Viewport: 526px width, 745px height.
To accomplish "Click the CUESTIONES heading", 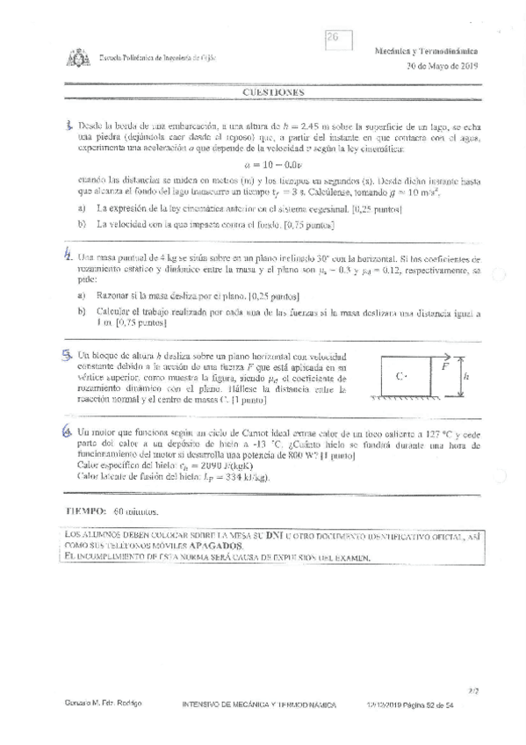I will click(273, 91).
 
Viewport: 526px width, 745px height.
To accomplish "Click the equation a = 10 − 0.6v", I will click(273, 163).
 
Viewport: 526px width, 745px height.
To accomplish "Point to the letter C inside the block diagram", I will click(400, 376).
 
